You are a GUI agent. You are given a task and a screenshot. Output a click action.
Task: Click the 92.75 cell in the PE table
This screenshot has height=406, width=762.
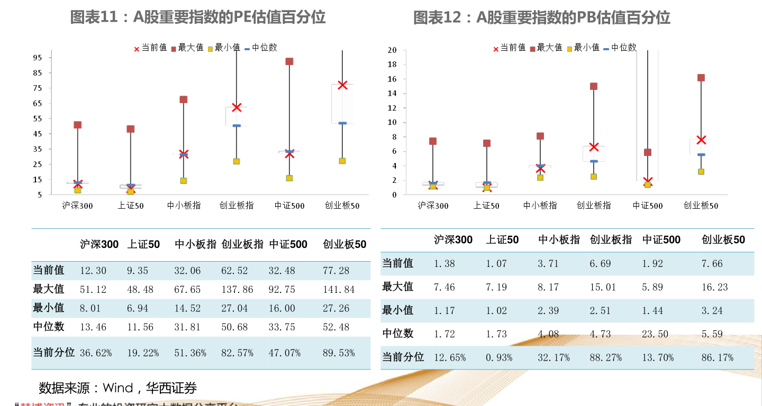coord(284,290)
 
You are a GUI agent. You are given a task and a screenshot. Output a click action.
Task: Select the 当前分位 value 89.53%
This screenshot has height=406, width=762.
coord(339,353)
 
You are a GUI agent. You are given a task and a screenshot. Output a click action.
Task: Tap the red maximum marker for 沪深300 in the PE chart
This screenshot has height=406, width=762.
coord(78,125)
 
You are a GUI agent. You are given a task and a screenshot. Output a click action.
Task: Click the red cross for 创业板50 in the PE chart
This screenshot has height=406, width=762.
coord(342,85)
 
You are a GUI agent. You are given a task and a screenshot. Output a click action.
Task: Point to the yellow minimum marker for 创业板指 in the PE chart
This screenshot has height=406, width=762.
coord(237,161)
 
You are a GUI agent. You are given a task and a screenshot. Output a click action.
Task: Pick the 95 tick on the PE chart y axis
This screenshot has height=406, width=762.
coord(38,58)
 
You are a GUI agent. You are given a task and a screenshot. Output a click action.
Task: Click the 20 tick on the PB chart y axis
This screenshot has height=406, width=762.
coord(392,50)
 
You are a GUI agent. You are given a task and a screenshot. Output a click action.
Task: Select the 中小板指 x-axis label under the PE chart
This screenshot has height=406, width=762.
coord(184,206)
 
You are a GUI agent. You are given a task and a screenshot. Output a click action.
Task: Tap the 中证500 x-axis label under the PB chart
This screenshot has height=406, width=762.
coord(648,206)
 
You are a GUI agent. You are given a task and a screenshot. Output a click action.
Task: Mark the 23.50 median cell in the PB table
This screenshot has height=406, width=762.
coord(655,334)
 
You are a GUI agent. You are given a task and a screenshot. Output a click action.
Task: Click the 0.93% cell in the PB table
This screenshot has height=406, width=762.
coord(499,358)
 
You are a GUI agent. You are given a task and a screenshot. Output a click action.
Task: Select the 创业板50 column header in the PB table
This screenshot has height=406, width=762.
coord(723,240)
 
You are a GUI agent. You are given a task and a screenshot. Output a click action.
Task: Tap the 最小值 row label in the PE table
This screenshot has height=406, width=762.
coord(49,308)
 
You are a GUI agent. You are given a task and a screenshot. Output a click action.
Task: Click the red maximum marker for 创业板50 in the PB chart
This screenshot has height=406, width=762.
coord(701,78)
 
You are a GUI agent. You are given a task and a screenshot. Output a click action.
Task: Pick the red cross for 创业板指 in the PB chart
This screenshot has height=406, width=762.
coord(594,147)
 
